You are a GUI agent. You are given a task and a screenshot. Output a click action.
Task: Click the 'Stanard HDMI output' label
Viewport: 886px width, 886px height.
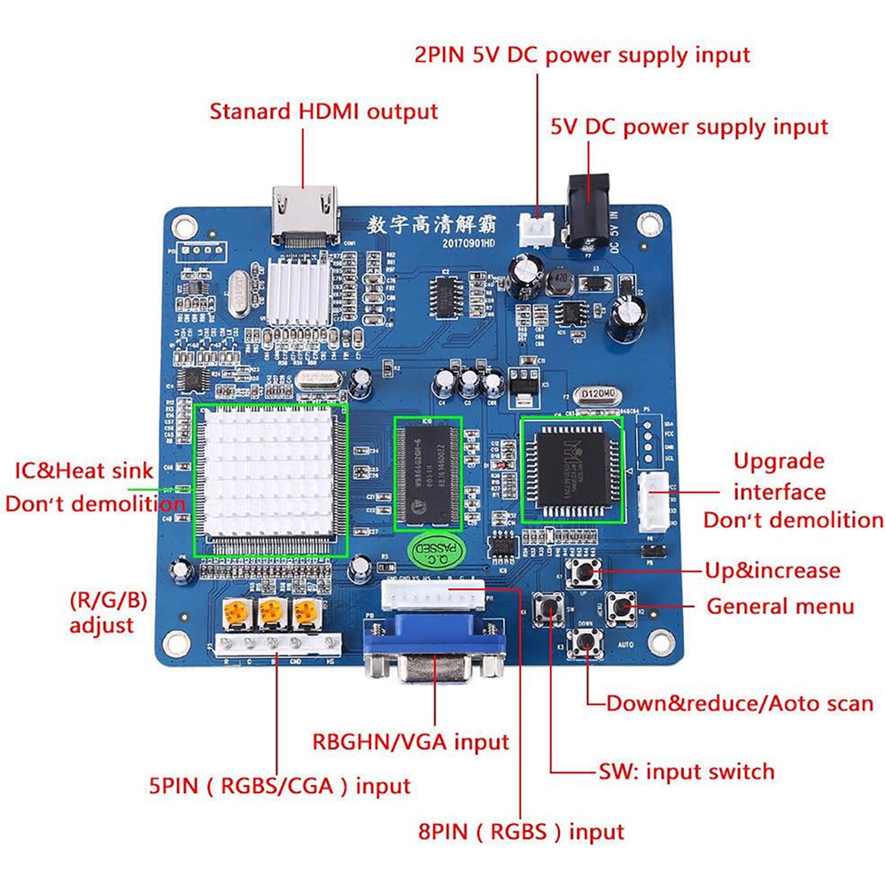click(323, 113)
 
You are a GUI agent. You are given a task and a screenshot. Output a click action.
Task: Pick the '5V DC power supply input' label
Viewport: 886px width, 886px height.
click(689, 127)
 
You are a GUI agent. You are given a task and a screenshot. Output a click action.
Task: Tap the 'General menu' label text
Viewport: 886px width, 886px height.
click(780, 607)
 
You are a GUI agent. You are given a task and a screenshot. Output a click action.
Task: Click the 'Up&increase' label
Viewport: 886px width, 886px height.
click(772, 571)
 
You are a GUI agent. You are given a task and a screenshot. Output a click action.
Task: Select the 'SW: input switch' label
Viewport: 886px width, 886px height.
click(686, 772)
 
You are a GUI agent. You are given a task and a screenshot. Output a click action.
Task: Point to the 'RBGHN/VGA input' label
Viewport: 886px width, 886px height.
click(410, 741)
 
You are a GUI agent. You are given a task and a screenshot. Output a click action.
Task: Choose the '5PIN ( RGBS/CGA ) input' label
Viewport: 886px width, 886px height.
click(279, 785)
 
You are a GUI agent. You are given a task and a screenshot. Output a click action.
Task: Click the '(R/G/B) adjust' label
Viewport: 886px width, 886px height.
click(106, 612)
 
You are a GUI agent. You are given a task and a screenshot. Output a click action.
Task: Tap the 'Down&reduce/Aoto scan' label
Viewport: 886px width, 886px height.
click(740, 703)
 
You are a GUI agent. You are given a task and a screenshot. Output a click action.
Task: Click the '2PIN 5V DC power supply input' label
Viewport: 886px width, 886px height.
click(582, 54)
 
